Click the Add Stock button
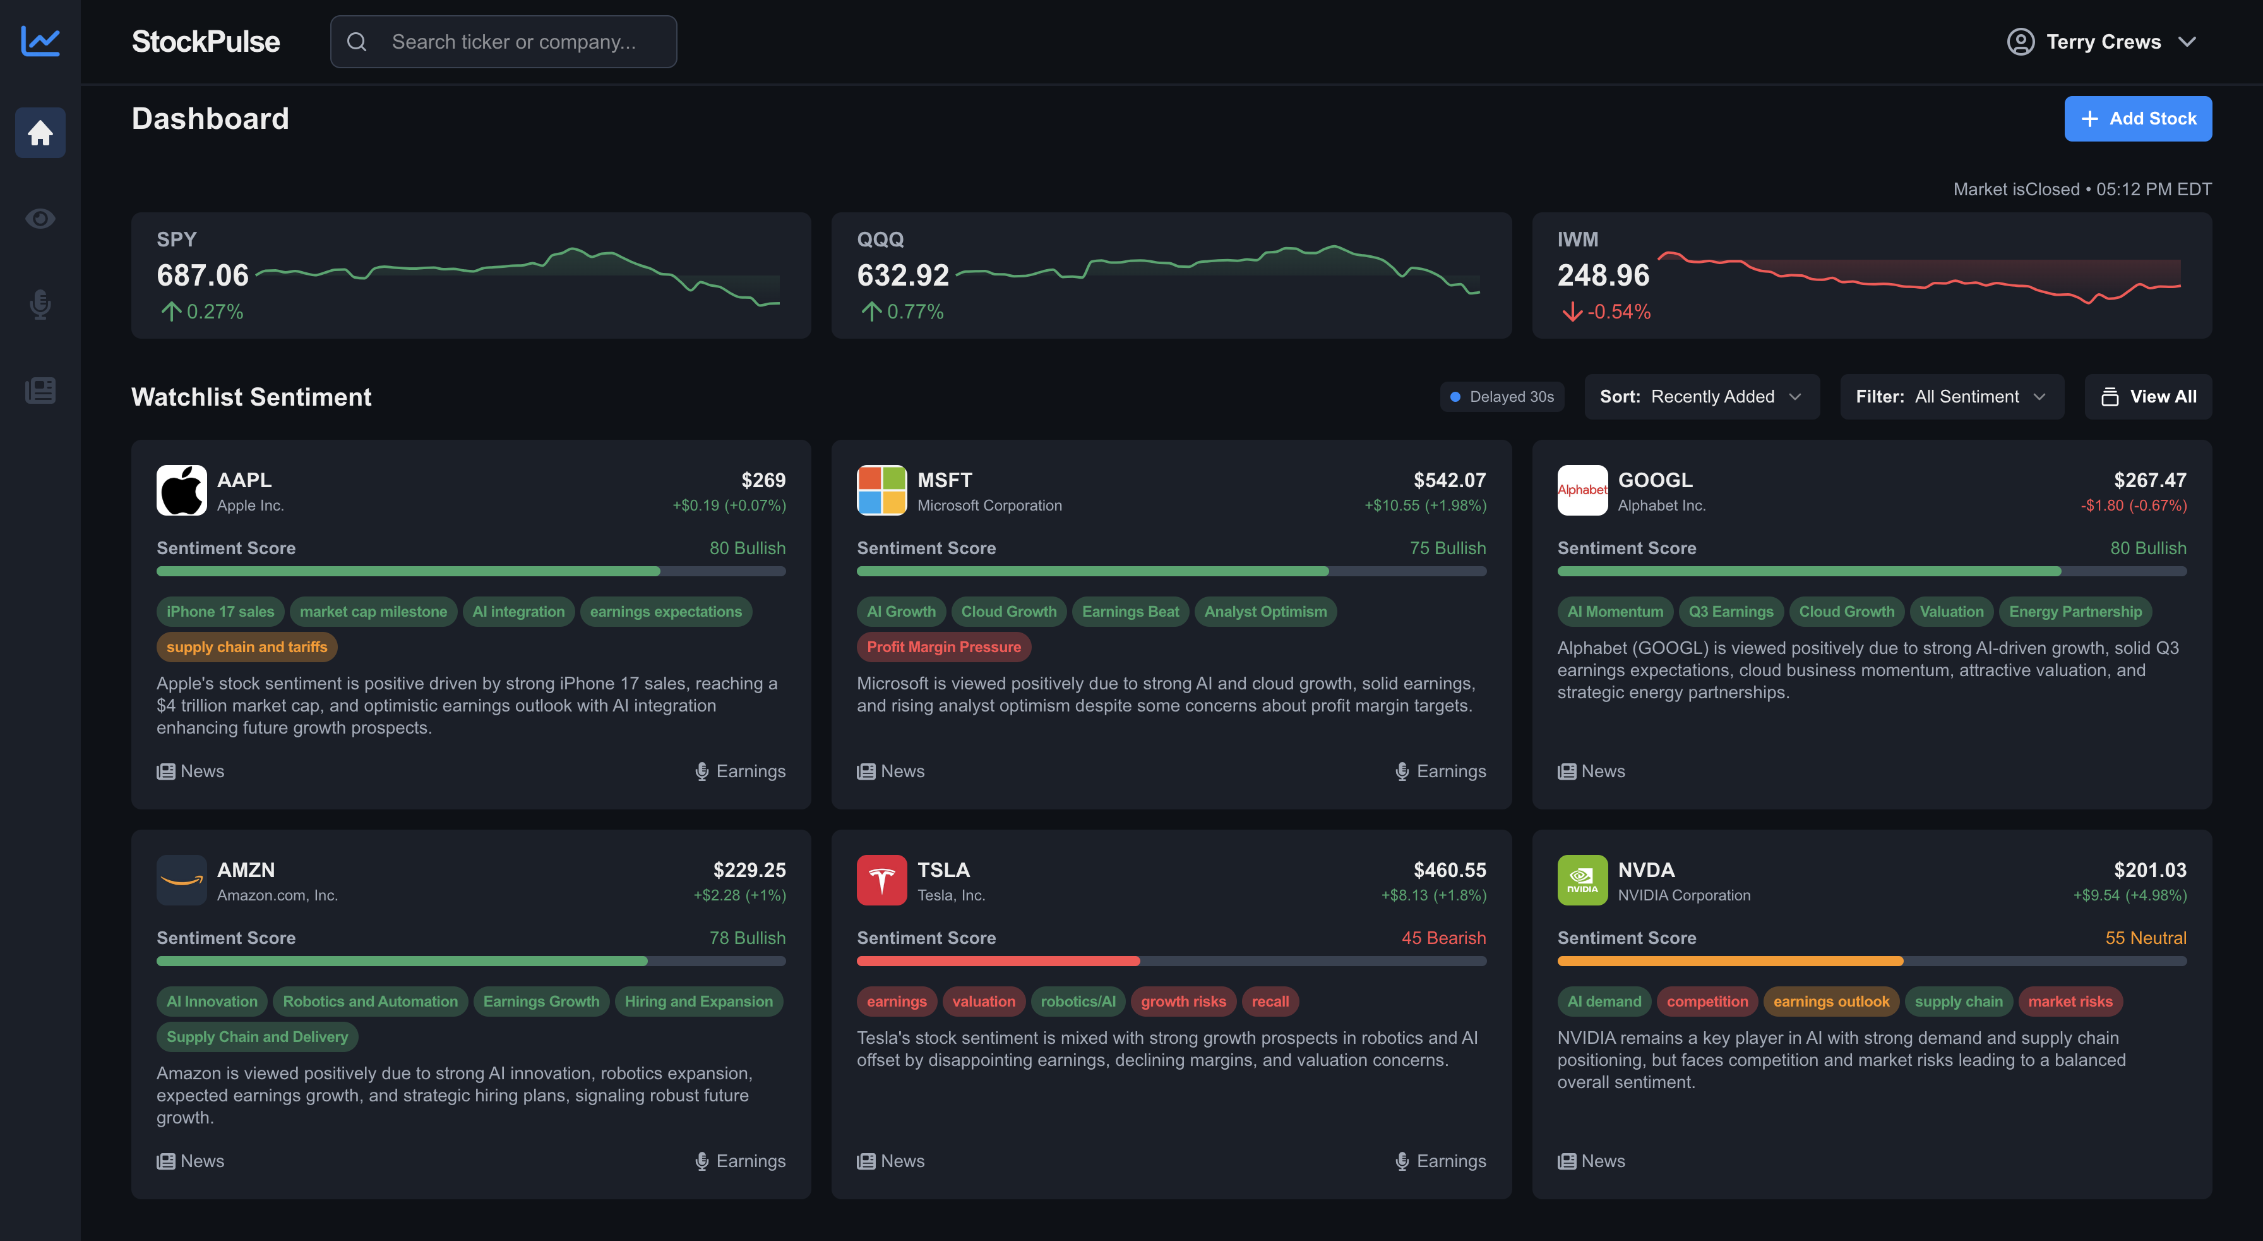2137,119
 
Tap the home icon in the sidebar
40,133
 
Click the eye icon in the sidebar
40,218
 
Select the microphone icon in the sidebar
40,304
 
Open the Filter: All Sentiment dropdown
1951,396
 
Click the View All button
2148,396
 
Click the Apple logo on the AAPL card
181,490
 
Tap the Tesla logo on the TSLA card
881,880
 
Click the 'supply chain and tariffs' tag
247,647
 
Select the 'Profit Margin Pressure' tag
943,647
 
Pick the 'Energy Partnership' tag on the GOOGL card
2075,612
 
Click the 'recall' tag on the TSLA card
1269,1001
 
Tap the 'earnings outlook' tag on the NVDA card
1830,1001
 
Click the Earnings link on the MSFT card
1441,771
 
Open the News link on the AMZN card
191,1161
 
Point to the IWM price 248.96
1603,275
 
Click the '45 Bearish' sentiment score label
1443,938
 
